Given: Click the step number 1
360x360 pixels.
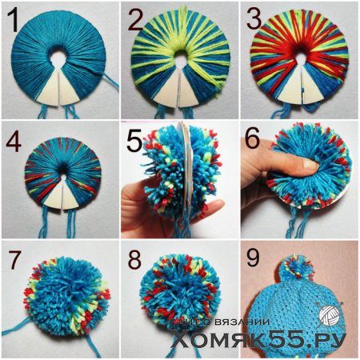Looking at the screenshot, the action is (x=13, y=20).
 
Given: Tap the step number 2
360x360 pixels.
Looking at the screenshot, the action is (x=136, y=19).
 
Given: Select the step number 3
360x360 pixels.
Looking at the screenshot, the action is (x=254, y=18).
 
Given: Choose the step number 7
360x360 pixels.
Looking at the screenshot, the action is (x=15, y=259).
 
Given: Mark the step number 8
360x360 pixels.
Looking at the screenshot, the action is (x=134, y=259).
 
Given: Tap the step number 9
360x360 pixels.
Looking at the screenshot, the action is (x=253, y=258).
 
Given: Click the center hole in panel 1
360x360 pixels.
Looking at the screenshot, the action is (x=56, y=57).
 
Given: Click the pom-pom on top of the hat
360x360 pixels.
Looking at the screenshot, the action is (x=298, y=270).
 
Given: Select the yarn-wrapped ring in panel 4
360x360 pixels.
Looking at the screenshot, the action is (x=63, y=174).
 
